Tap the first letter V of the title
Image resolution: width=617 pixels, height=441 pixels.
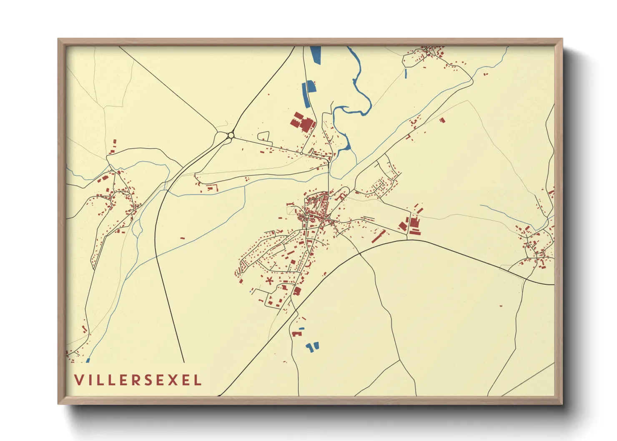click(79, 380)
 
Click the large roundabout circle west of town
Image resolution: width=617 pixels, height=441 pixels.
click(231, 135)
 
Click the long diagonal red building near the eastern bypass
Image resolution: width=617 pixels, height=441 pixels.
click(379, 236)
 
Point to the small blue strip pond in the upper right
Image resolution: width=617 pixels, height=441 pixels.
click(406, 73)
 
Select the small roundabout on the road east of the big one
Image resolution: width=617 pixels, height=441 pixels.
click(301, 153)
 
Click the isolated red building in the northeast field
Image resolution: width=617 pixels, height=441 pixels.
click(442, 120)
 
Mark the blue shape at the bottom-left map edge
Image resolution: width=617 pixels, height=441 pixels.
click(88, 361)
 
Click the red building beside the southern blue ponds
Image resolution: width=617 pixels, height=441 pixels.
click(296, 334)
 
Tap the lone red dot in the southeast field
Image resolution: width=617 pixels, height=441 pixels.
click(501, 306)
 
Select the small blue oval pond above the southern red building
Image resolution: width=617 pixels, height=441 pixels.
click(301, 328)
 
